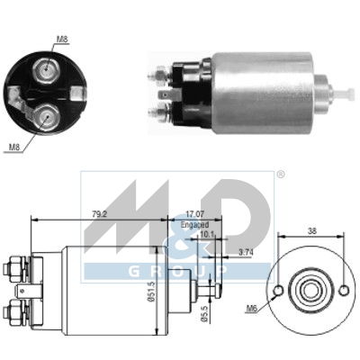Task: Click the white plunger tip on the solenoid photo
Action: click(343, 91)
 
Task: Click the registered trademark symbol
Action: click(280, 174)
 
